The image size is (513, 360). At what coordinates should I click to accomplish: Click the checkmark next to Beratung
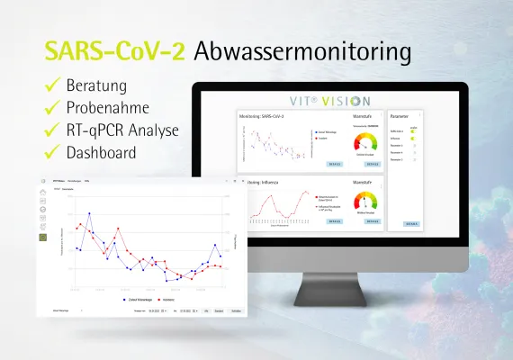point(51,86)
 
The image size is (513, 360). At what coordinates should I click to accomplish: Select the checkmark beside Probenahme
point(51,108)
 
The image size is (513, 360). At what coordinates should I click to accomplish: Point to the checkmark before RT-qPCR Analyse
point(51,130)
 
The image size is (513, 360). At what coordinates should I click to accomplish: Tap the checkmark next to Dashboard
point(51,153)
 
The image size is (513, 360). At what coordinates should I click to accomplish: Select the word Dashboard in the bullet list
point(101,153)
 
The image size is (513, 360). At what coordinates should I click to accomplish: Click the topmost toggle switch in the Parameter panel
point(413,132)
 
